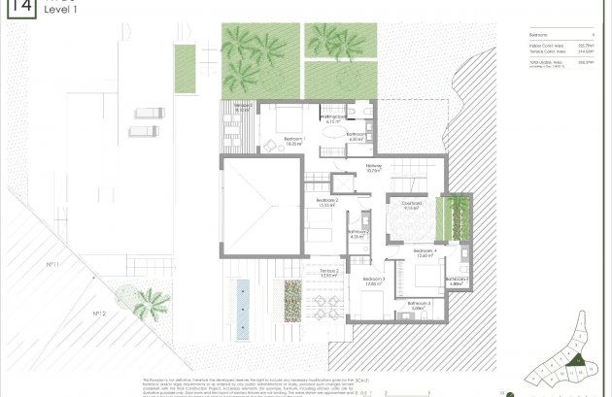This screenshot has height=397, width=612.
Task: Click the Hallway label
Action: pyautogui.click(x=374, y=167)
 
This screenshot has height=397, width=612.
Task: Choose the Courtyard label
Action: pyautogui.click(x=411, y=204)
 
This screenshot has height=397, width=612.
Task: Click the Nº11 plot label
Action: pyautogui.click(x=53, y=264)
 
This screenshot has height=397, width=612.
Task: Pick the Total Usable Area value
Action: pyautogui.click(x=586, y=62)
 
